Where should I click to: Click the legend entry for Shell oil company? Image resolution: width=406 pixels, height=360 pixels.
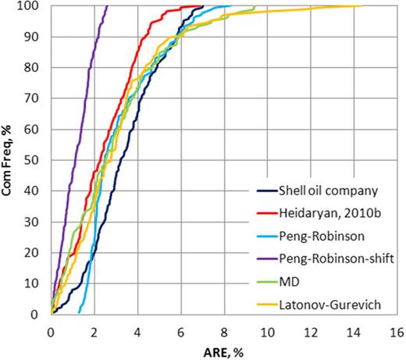[x=329, y=191]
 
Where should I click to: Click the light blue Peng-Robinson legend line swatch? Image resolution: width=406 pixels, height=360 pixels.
[x=269, y=237]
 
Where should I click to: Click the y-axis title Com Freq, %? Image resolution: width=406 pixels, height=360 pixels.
[x=10, y=161]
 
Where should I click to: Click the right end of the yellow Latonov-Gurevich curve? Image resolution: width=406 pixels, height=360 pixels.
[x=361, y=6]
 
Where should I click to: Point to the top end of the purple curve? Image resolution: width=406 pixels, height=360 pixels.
[x=107, y=6]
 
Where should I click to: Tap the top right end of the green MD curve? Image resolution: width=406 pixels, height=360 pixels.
[x=255, y=7]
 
